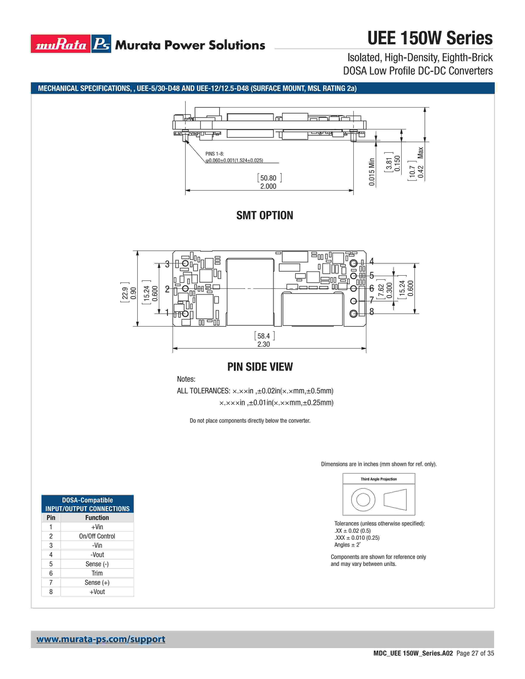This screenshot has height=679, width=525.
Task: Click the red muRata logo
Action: [x=61, y=44]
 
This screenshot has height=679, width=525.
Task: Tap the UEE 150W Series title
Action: [x=430, y=38]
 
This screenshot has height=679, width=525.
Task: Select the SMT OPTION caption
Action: [x=265, y=215]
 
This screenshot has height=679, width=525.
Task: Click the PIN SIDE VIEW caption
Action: [x=260, y=367]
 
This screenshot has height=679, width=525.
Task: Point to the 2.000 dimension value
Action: [x=268, y=186]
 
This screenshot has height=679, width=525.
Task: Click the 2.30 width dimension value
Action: [x=264, y=344]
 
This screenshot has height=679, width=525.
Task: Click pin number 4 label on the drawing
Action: [x=371, y=261]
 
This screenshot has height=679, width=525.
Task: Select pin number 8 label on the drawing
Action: [x=371, y=312]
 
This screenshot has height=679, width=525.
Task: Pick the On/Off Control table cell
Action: [x=97, y=536]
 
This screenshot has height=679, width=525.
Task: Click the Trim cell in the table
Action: [x=97, y=573]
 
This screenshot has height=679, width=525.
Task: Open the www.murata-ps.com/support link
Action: [x=101, y=639]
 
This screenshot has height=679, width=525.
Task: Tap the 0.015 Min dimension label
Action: [x=372, y=172]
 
